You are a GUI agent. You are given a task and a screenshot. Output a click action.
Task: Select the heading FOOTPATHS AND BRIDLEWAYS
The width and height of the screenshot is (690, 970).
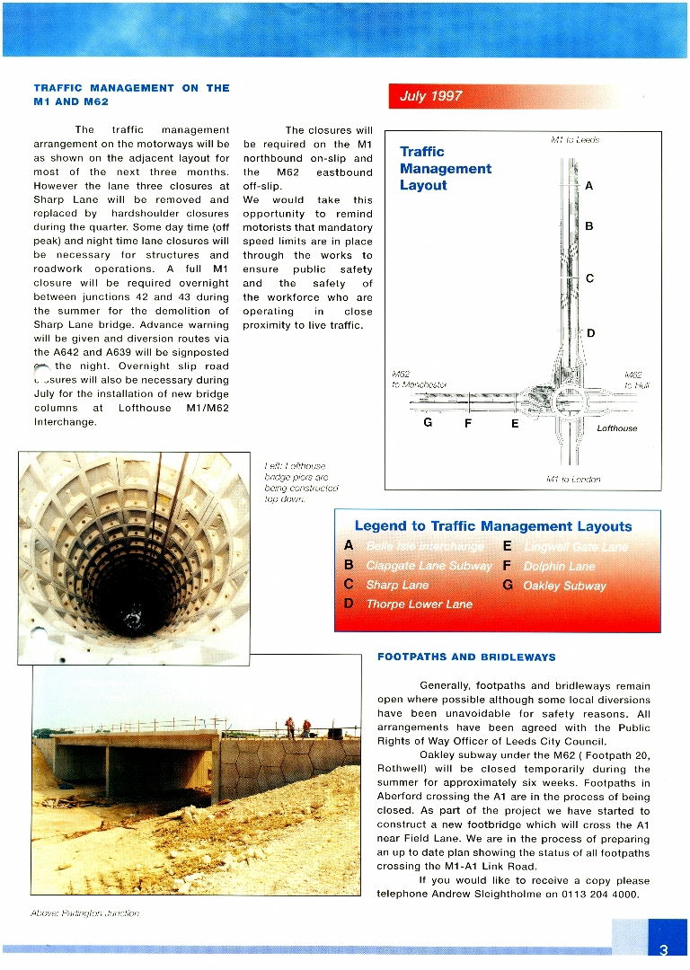click(x=466, y=657)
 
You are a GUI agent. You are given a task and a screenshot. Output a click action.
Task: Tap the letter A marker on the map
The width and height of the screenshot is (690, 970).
click(x=588, y=186)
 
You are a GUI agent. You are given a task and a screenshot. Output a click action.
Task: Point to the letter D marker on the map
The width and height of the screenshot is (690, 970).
click(x=590, y=334)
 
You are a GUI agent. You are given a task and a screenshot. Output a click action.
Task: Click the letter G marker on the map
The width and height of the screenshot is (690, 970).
click(x=429, y=422)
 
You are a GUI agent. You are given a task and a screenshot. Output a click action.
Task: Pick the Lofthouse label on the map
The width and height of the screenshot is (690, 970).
click(x=617, y=428)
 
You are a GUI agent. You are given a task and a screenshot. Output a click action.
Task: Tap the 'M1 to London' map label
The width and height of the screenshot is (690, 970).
click(x=573, y=479)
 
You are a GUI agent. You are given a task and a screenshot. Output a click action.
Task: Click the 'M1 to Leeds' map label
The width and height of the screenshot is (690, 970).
click(x=575, y=140)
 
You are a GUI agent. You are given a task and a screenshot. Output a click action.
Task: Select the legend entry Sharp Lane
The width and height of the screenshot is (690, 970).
click(x=397, y=585)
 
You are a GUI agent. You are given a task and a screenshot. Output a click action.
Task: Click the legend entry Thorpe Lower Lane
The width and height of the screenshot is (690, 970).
click(x=419, y=604)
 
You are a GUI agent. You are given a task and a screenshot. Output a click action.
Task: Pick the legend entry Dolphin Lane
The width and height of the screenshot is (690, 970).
click(x=559, y=566)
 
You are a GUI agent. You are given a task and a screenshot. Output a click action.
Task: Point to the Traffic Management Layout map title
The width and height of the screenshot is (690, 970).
click(x=446, y=169)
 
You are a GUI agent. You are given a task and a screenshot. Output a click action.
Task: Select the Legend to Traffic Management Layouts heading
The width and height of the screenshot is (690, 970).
click(x=493, y=526)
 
